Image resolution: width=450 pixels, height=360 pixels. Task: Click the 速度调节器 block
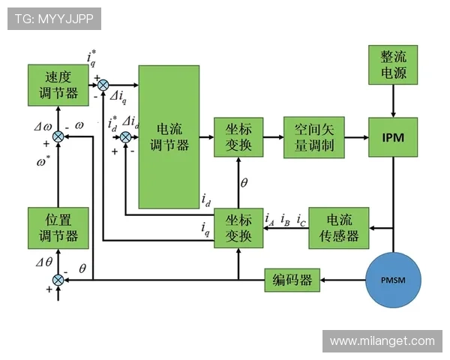(x=58, y=85)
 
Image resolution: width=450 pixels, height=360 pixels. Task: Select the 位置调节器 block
(x=58, y=228)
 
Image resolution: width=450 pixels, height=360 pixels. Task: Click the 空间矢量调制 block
(x=313, y=137)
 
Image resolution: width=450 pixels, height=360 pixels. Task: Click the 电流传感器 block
(x=337, y=228)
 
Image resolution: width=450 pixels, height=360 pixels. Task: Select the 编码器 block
(x=292, y=280)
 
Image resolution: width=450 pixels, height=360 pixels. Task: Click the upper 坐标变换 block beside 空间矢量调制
(x=238, y=137)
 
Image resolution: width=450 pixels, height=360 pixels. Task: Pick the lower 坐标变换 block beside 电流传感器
(x=238, y=228)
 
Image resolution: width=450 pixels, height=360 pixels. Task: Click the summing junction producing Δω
(x=58, y=136)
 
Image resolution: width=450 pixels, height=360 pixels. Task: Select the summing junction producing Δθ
(x=58, y=280)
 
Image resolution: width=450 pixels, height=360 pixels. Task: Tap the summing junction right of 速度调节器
(x=103, y=85)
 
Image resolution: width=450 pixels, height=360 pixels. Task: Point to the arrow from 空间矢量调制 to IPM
(x=355, y=138)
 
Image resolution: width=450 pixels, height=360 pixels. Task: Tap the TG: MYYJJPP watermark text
(x=53, y=19)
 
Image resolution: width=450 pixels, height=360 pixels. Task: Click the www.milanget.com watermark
(x=382, y=341)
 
